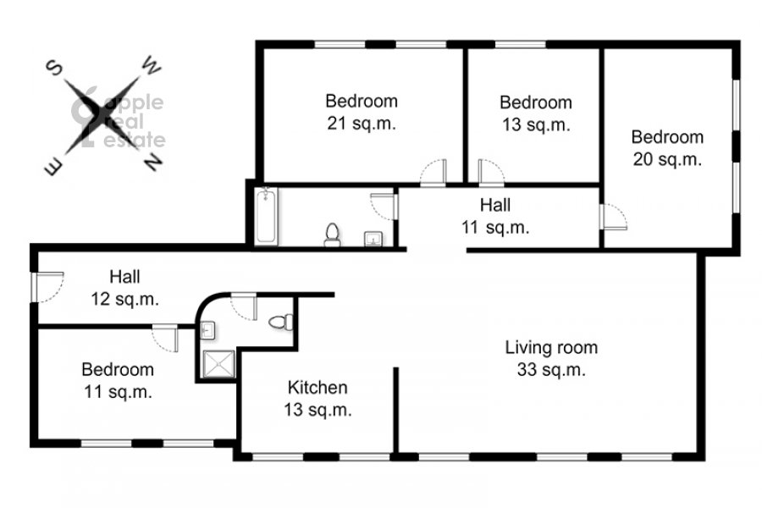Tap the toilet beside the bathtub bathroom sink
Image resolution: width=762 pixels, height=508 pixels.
click(333, 235)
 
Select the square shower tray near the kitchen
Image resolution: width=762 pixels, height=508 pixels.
click(218, 363)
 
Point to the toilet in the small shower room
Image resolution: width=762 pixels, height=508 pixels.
click(281, 322)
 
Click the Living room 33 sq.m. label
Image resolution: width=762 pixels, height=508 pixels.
click(551, 359)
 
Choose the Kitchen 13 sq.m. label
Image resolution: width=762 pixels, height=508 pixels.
click(317, 399)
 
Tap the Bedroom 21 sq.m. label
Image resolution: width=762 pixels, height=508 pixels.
click(362, 113)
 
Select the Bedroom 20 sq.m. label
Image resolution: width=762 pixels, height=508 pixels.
click(667, 148)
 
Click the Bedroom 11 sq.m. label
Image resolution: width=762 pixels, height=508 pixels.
click(118, 380)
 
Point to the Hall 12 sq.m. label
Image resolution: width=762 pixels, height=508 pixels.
click(125, 288)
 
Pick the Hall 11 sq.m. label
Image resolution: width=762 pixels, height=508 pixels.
click(495, 216)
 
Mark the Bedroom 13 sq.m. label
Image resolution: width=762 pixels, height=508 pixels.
click(536, 113)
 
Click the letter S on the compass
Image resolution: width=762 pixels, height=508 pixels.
click(54, 68)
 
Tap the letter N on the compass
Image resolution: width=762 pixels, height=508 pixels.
click(152, 162)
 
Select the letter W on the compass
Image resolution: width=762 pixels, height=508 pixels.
click(152, 66)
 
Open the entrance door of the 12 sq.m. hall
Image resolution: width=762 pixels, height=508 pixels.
click(47, 287)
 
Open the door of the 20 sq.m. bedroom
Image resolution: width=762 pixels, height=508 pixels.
click(613, 217)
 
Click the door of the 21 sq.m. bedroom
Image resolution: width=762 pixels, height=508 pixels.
click(433, 173)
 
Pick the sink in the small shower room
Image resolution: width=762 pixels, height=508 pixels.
click(207, 330)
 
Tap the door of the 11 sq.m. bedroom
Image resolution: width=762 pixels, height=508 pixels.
click(165, 338)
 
